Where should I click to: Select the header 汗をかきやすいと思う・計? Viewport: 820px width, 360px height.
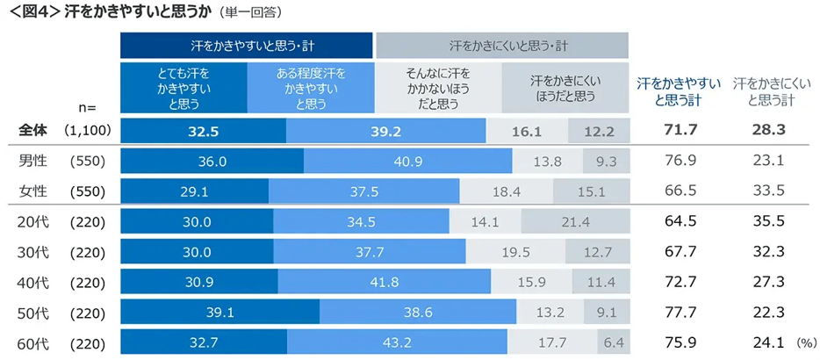tap(246, 44)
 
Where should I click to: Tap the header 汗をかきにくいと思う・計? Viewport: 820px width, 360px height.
tap(501, 44)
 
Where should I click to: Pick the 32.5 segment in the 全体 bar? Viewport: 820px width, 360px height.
tap(203, 130)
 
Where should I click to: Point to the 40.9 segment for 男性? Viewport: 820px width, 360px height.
tap(408, 162)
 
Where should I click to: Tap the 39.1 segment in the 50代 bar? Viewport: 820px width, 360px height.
tap(219, 312)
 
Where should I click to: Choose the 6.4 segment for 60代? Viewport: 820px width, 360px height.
tap(613, 342)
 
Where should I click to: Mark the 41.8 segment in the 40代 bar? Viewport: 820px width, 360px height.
tap(384, 281)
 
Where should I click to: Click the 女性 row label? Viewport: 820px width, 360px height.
tap(34, 191)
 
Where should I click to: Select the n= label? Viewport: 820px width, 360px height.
tap(86, 107)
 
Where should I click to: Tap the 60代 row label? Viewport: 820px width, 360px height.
tap(34, 342)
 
